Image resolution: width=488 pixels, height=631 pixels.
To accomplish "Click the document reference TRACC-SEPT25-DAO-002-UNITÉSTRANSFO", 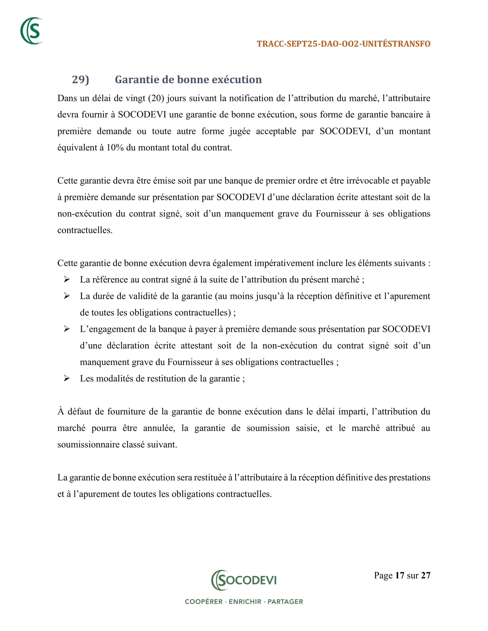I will pyautogui.click(x=343, y=44).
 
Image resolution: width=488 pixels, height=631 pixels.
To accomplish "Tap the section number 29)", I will pyautogui.click(x=80, y=79).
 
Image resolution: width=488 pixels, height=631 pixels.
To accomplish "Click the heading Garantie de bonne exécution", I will pyautogui.click(x=188, y=79).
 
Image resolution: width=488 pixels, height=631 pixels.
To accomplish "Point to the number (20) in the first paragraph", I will pyautogui.click(x=156, y=98).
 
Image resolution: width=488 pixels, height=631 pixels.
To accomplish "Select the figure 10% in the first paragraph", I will pyautogui.click(x=115, y=148).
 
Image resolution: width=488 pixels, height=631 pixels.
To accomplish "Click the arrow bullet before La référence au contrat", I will pyautogui.click(x=67, y=279).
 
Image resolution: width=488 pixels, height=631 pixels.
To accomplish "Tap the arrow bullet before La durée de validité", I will pyautogui.click(x=67, y=296).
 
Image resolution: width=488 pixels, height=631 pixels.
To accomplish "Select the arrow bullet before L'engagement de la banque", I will pyautogui.click(x=67, y=329).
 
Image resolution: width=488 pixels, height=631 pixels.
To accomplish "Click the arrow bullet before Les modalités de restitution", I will pyautogui.click(x=67, y=378).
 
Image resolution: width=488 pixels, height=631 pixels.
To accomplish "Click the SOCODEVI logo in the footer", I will pyautogui.click(x=244, y=580).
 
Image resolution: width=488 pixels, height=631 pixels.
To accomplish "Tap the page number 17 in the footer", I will pyautogui.click(x=399, y=576).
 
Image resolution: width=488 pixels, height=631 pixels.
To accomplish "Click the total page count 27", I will pyautogui.click(x=425, y=576).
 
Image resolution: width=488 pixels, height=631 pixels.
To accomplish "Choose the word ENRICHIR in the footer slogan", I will pyautogui.click(x=245, y=602).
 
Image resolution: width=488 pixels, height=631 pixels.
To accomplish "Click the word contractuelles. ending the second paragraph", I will pyautogui.click(x=85, y=230).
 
